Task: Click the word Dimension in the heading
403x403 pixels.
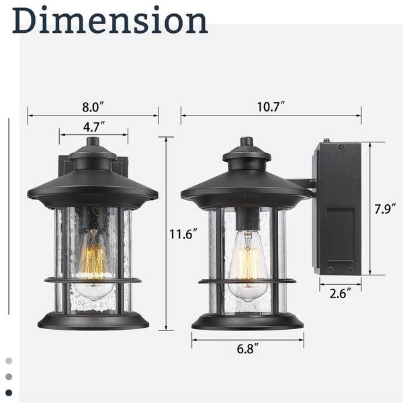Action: (109, 21)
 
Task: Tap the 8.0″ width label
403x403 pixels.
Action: (93, 107)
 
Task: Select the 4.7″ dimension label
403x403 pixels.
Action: (94, 127)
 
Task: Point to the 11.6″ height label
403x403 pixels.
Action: (183, 234)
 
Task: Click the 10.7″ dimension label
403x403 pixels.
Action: (271, 107)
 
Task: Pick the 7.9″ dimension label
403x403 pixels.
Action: (385, 208)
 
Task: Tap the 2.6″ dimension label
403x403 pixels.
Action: (341, 294)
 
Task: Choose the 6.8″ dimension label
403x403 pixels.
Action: (247, 349)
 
